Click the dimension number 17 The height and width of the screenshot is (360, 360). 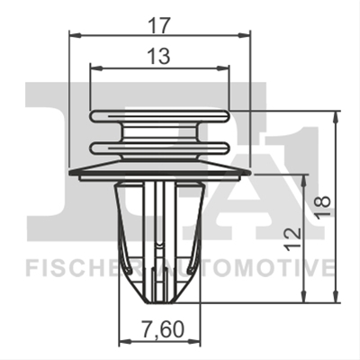tap(160, 25)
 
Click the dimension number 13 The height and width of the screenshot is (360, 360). tap(159, 56)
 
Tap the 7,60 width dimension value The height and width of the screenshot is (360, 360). tap(162, 329)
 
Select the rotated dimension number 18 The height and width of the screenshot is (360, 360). tap(323, 205)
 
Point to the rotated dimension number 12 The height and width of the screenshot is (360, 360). tap(292, 238)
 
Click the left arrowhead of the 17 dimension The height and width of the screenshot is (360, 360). tap(76, 36)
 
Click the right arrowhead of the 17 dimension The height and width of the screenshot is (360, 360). tap(243, 36)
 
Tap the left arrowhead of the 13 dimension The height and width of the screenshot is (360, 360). tap(96, 68)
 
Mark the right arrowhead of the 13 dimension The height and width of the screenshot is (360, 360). tap(223, 68)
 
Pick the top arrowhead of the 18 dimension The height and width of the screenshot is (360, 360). tap(337, 118)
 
